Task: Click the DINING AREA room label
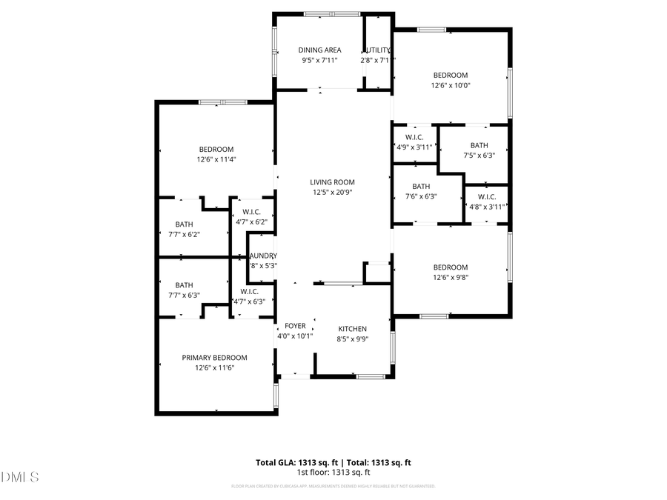tap(320, 50)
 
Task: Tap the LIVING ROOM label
tap(332, 182)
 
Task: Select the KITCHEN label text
tap(353, 329)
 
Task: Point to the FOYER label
tap(295, 326)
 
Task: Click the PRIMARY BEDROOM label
tap(215, 358)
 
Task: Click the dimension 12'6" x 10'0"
tap(451, 85)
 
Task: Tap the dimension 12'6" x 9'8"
tap(451, 278)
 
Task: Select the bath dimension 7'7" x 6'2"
tap(184, 234)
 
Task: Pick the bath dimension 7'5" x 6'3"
tap(479, 156)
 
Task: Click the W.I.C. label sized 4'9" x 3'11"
tap(414, 137)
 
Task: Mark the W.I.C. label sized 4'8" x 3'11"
tap(487, 197)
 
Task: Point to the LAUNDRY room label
tap(262, 256)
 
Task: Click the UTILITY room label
tap(378, 50)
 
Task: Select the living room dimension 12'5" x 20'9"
tap(332, 193)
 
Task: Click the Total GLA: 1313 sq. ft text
tap(295, 463)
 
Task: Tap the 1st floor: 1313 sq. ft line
tap(333, 473)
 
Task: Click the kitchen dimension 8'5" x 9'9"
tap(353, 339)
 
